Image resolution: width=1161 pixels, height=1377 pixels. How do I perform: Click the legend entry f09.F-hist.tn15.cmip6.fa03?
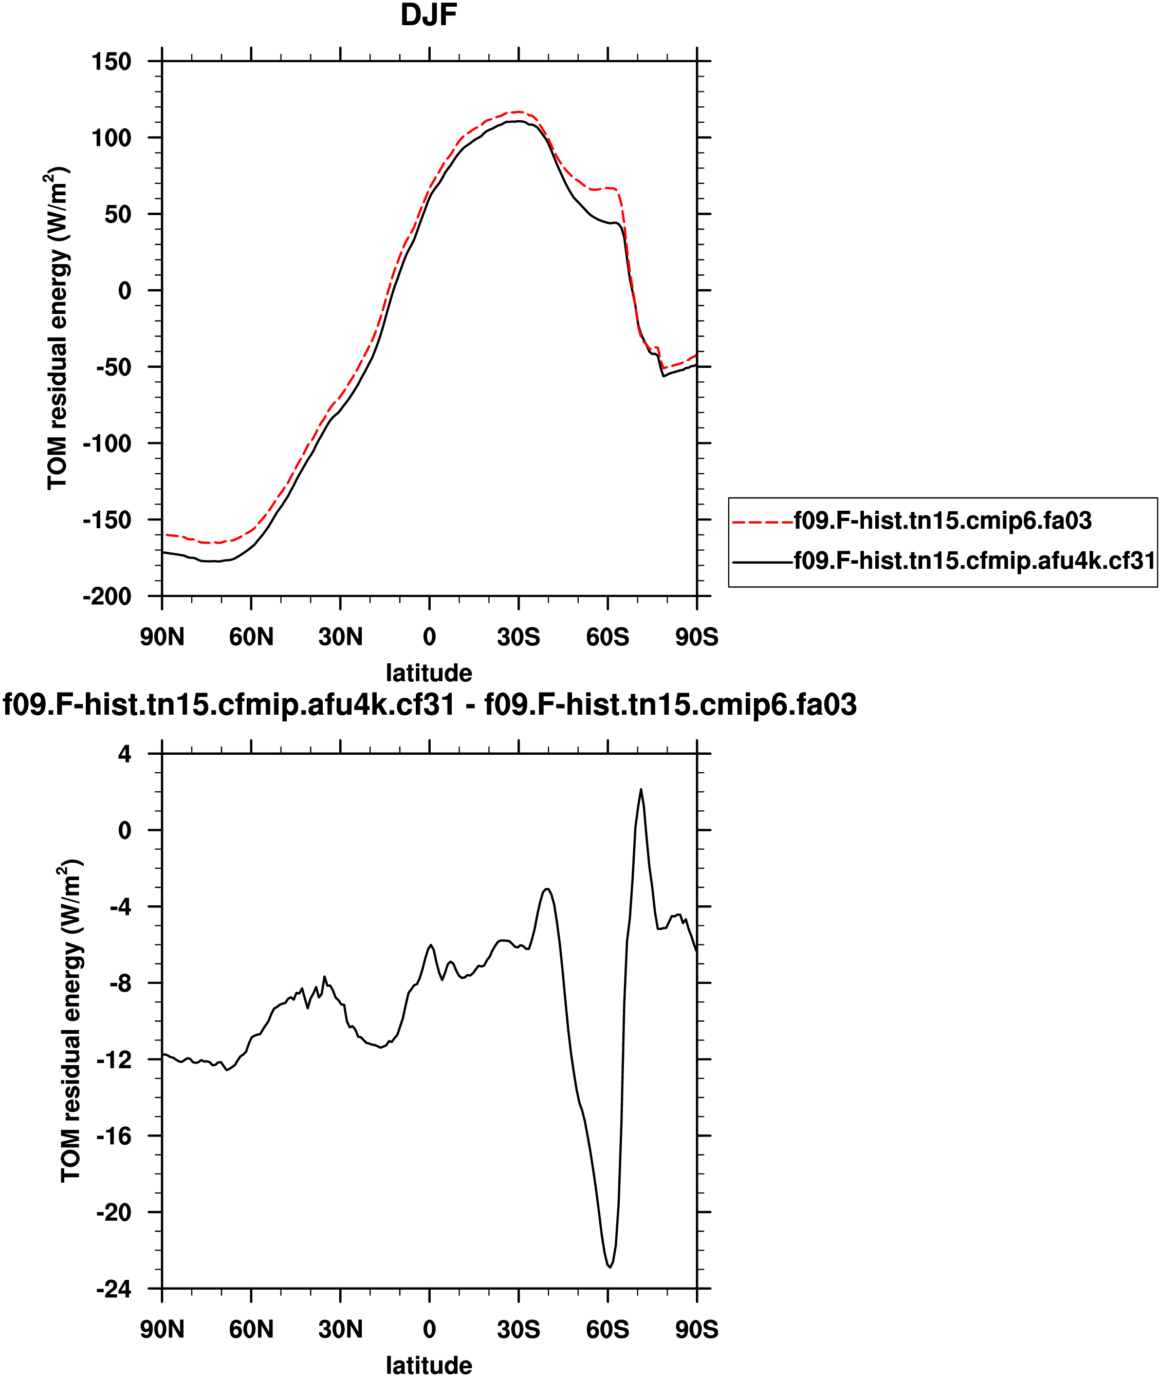click(x=943, y=520)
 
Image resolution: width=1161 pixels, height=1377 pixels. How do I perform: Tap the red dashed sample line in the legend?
click(x=762, y=522)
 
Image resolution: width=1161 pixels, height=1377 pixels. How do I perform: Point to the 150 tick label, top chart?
click(x=112, y=62)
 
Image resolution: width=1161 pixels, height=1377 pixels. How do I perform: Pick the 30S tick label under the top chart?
click(x=519, y=637)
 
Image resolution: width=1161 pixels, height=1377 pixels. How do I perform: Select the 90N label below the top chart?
click(x=162, y=637)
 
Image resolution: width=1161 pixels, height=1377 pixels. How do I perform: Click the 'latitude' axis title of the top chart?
click(x=429, y=673)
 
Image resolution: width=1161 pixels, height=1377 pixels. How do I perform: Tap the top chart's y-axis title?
click(x=58, y=329)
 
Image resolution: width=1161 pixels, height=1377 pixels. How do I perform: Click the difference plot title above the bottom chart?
click(x=430, y=704)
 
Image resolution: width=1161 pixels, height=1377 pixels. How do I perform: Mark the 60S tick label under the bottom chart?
click(x=607, y=1330)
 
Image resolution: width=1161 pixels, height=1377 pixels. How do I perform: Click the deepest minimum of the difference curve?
click(x=610, y=1267)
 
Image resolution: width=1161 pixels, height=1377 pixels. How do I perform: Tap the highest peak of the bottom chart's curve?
click(x=640, y=790)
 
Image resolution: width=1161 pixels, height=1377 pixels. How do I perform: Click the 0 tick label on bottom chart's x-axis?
click(x=429, y=1330)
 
